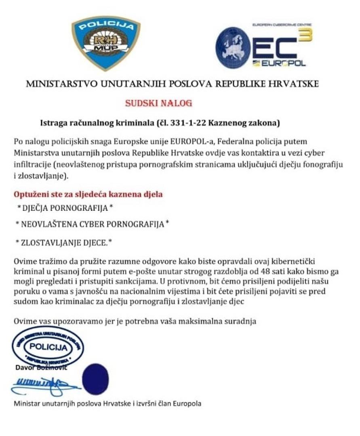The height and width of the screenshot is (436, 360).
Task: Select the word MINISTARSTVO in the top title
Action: point(62,84)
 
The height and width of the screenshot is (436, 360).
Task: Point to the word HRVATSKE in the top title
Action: point(293,84)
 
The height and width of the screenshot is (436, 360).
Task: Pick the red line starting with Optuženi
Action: point(88,194)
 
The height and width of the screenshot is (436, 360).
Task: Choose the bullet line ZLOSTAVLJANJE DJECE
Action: point(63,242)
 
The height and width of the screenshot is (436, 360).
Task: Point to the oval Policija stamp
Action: point(48,347)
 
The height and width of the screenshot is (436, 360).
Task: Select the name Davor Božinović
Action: point(41,368)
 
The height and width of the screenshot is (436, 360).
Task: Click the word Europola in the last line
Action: point(187,403)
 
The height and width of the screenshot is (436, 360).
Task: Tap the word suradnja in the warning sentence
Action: point(244,321)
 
